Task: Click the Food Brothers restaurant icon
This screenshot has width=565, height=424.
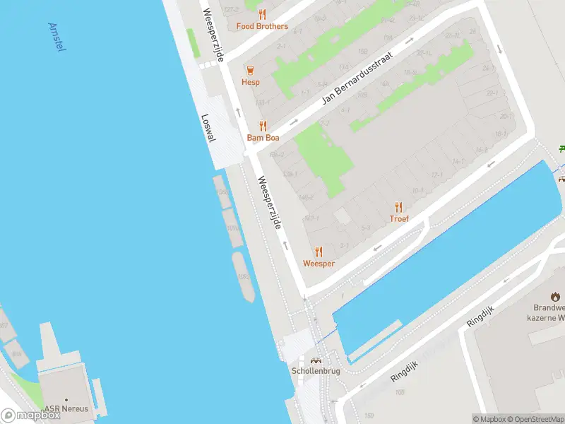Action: [262, 14]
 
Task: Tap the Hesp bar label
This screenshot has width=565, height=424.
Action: [250, 82]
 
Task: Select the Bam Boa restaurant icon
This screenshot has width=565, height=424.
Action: [262, 126]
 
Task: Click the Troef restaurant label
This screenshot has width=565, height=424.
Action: [399, 219]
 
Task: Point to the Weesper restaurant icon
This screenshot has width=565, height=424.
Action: [319, 252]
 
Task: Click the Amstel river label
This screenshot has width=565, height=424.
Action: [56, 37]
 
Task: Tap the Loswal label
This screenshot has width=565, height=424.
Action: [207, 129]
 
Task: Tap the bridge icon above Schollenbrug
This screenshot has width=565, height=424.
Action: [316, 360]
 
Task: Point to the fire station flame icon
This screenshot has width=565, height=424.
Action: [555, 297]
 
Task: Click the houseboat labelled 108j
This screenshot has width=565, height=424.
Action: [242, 277]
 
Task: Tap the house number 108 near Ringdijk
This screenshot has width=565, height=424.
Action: [399, 391]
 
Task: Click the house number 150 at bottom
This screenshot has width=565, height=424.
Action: [368, 416]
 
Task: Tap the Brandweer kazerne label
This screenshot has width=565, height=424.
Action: [550, 314]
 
